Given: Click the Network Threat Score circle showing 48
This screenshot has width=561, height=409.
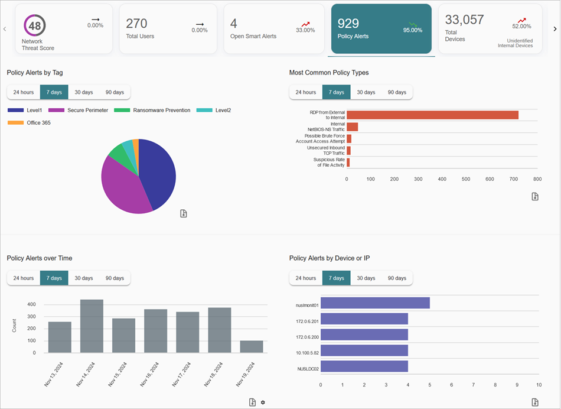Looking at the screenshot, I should click(x=35, y=26).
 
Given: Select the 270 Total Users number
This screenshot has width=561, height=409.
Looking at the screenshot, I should click(x=137, y=24).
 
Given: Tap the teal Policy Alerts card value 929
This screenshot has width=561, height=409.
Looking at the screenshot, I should click(x=348, y=24).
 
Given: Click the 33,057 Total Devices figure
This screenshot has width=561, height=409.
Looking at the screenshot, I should click(x=465, y=20).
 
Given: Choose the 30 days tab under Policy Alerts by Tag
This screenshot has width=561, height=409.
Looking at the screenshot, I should click(x=83, y=92).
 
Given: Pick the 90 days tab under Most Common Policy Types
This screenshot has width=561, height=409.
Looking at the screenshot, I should click(x=397, y=92).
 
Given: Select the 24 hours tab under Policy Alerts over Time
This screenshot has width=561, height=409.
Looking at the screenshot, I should click(x=24, y=278).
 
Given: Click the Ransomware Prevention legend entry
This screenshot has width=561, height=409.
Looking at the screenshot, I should click(x=161, y=111).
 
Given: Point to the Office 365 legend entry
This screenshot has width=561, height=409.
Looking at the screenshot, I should click(x=38, y=122).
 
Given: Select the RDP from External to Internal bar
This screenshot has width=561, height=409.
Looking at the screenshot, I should click(x=432, y=115).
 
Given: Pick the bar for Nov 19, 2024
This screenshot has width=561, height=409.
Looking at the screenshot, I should click(x=252, y=346).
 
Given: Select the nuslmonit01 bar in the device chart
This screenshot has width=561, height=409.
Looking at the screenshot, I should click(x=375, y=303).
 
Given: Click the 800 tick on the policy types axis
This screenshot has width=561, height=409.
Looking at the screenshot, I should click(x=537, y=178).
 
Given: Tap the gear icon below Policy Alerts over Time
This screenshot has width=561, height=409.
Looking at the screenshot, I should click(x=263, y=402).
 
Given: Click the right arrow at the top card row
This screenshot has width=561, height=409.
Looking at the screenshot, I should click(x=555, y=28).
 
